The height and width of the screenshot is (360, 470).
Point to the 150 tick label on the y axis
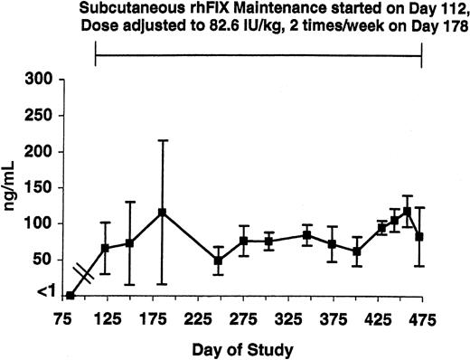click(x=41, y=187)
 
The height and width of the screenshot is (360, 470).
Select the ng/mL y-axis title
click(x=12, y=186)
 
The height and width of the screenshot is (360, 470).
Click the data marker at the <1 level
click(x=70, y=296)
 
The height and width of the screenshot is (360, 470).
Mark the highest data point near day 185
click(x=163, y=213)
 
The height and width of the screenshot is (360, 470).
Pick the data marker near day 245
click(x=218, y=261)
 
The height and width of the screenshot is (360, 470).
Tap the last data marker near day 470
click(x=419, y=237)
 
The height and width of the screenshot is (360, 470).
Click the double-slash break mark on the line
click(x=84, y=274)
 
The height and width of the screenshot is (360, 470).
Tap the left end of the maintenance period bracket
click(x=96, y=56)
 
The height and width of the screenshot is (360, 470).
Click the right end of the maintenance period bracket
click(x=422, y=56)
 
